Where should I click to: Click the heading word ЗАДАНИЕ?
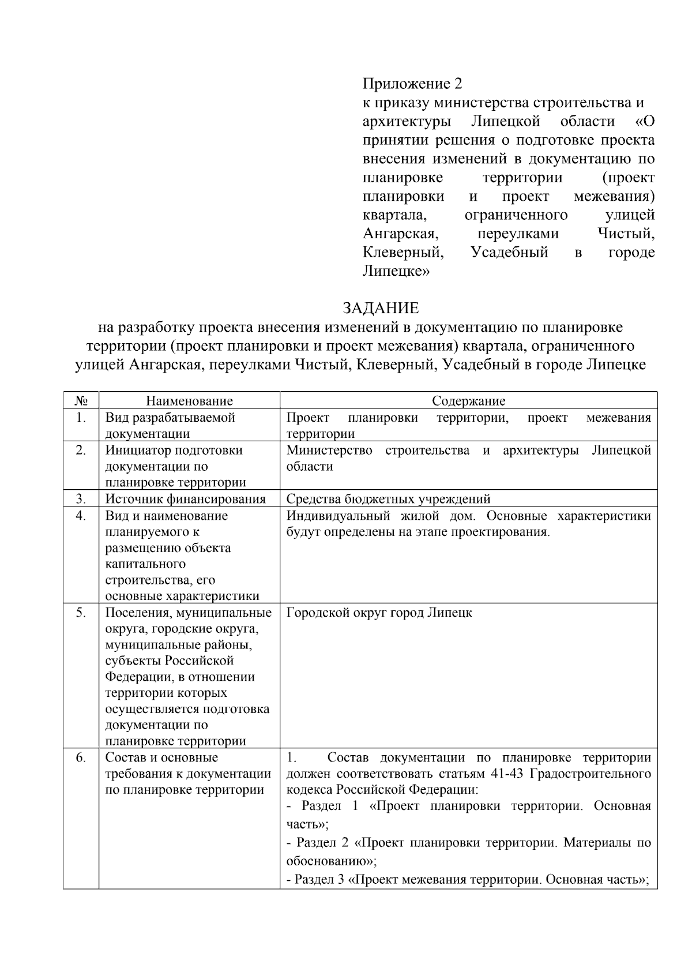click(380, 307)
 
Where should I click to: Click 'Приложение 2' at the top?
click(412, 84)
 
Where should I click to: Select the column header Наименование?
click(189, 401)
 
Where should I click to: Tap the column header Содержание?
click(468, 401)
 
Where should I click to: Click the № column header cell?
click(81, 401)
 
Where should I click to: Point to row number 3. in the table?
click(81, 498)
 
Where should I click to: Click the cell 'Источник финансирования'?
click(185, 499)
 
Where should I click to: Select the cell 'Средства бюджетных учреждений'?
click(388, 499)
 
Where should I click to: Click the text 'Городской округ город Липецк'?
click(379, 613)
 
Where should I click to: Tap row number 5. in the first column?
click(81, 613)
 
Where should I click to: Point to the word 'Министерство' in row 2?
click(329, 450)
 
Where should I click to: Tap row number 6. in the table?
click(81, 757)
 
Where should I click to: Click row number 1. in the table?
click(81, 417)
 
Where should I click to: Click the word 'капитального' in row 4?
click(145, 564)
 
